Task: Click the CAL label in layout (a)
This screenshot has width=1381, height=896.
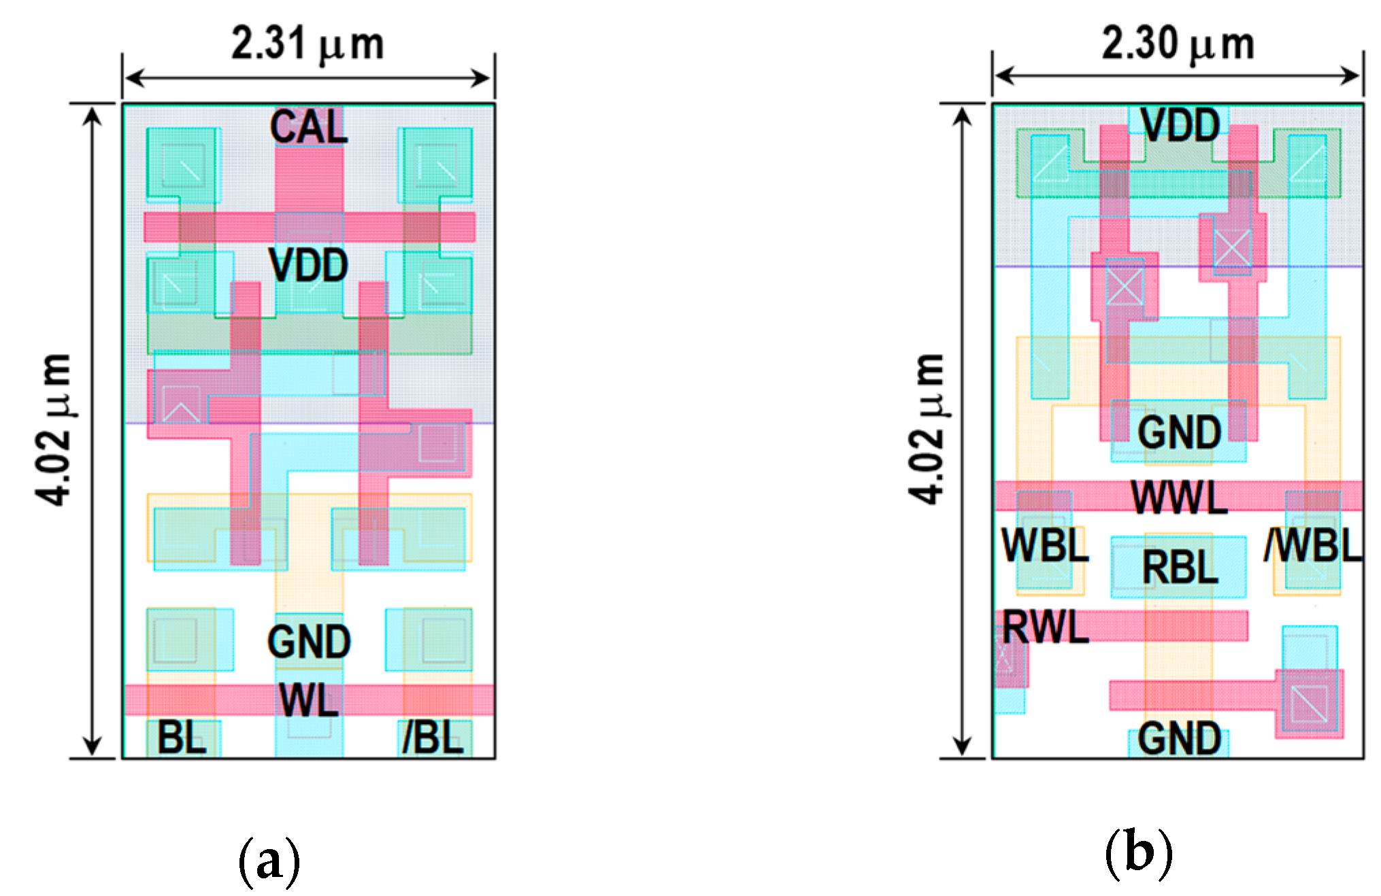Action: [309, 127]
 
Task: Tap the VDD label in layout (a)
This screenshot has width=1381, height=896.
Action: [309, 265]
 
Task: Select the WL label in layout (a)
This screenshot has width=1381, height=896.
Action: [309, 700]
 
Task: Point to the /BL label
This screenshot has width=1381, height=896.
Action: [433, 738]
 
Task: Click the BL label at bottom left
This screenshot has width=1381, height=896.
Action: [182, 738]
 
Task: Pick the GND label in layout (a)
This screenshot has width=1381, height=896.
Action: [309, 642]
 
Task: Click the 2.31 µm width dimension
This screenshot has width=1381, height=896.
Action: [307, 45]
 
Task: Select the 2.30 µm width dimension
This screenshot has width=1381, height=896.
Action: [1178, 45]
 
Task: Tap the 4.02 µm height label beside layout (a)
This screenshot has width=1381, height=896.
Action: [54, 430]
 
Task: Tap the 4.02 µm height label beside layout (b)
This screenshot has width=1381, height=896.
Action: [927, 430]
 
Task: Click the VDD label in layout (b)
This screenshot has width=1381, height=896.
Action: [1180, 126]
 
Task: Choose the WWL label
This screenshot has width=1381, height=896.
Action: [1180, 498]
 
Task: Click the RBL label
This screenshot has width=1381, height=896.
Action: [1180, 568]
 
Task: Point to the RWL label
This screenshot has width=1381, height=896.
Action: [1046, 627]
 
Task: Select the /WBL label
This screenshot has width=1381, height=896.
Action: [1314, 545]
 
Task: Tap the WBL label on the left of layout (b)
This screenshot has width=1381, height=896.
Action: [1045, 545]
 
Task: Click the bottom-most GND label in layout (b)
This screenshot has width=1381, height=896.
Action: [1180, 739]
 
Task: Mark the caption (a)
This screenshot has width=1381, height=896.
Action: [269, 860]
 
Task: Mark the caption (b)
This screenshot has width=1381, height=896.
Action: [1139, 853]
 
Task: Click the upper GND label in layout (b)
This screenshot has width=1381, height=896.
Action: [1180, 432]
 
